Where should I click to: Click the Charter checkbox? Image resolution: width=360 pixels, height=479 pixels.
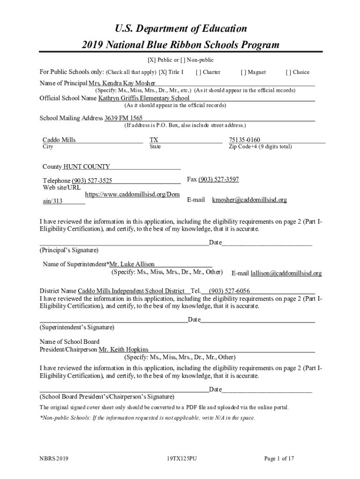pos(199,72)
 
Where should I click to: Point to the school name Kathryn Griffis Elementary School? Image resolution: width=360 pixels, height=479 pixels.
pos(144,98)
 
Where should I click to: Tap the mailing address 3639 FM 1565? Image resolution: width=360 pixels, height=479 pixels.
pos(123,118)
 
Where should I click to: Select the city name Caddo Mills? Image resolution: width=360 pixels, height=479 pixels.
pos(59,140)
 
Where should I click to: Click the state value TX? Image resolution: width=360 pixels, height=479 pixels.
pos(154,140)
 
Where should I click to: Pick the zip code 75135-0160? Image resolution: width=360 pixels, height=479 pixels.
pos(244,140)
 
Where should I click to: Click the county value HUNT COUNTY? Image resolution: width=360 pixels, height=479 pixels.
pos(86,167)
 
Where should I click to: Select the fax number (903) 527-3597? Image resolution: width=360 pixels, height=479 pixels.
pos(219,179)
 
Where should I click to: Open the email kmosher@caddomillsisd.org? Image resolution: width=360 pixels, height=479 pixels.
pos(249,200)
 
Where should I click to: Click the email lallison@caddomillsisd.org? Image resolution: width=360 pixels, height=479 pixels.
pos(286,273)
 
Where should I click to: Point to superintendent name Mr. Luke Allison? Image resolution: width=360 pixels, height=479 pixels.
pos(131,264)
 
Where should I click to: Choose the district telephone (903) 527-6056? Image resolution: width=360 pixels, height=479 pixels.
pos(229,291)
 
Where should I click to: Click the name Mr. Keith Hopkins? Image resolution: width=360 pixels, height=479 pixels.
pos(123,349)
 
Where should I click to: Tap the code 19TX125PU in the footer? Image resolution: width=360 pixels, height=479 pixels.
pos(181,459)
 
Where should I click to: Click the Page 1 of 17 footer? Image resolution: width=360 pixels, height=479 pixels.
pos(279,459)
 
